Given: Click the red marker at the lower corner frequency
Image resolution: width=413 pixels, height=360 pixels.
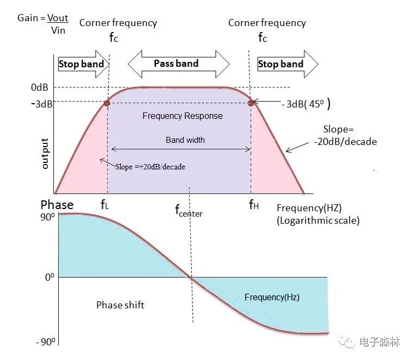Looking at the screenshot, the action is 107,103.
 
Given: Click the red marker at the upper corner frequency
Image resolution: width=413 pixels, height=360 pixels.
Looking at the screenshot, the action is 251,103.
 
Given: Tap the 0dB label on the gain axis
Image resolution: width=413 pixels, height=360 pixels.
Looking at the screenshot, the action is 40,87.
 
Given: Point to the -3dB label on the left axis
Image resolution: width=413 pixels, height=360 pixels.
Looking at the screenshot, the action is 42,104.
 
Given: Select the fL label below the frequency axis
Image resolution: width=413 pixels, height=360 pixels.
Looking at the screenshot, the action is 104,204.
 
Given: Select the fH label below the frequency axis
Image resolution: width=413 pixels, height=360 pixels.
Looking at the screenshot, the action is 254,204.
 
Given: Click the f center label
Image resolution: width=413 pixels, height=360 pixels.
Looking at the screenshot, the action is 189,211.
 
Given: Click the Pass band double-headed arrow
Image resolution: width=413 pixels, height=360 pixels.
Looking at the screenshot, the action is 179,64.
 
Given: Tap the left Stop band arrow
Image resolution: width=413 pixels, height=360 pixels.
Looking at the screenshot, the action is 84,64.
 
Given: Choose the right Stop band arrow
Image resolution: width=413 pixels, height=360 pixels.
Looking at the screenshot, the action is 288,64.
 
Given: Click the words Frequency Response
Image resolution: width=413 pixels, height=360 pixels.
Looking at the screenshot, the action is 183,116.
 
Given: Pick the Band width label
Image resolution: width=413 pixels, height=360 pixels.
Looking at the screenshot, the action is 185,140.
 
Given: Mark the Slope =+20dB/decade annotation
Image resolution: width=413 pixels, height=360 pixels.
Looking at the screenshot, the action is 150,167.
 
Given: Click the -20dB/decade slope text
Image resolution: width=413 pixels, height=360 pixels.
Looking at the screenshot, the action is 345,142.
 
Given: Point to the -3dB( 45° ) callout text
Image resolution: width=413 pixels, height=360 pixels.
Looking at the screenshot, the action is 306,104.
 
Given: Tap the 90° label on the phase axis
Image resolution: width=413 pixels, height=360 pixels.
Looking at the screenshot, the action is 47,217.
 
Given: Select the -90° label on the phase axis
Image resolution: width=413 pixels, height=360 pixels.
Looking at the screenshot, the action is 46,342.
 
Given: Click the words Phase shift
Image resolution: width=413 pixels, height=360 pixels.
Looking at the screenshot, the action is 121,305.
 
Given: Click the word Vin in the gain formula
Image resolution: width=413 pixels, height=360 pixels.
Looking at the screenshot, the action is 58,30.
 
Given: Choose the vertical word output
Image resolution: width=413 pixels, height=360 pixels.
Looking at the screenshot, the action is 45,154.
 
